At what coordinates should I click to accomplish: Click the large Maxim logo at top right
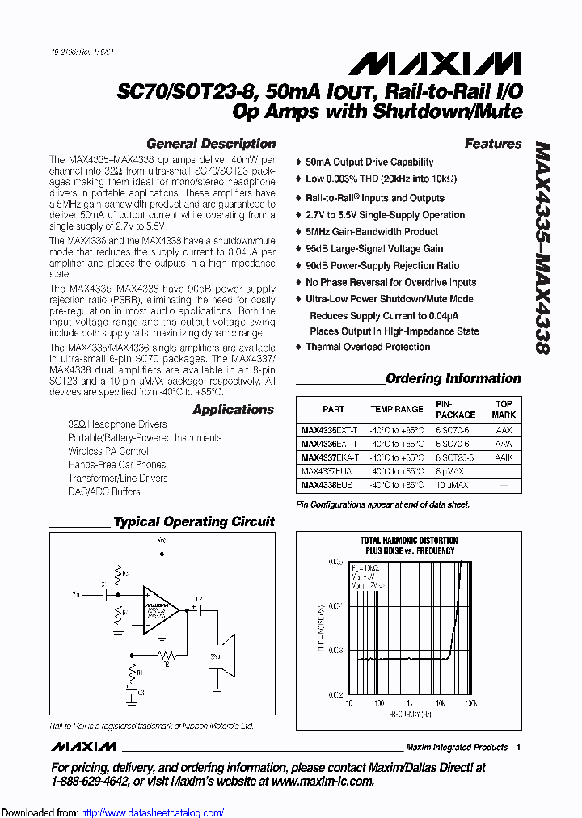[464, 64]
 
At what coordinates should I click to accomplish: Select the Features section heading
[493, 144]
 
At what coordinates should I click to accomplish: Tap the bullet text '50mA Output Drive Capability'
[369, 162]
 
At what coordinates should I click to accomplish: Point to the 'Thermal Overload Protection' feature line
[368, 347]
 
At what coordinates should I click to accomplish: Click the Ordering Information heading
[453, 378]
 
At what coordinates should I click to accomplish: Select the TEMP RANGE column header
[397, 410]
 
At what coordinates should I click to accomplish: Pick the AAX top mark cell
[504, 431]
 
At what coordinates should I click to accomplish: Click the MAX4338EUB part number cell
[327, 486]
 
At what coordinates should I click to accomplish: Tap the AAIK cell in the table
[504, 458]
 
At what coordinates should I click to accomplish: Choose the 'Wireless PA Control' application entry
[108, 451]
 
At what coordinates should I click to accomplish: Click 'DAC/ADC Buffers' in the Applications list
[103, 491]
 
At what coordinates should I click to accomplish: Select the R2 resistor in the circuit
[167, 653]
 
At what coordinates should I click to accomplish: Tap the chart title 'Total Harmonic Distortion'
[408, 541]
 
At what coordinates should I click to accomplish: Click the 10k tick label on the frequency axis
[440, 704]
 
